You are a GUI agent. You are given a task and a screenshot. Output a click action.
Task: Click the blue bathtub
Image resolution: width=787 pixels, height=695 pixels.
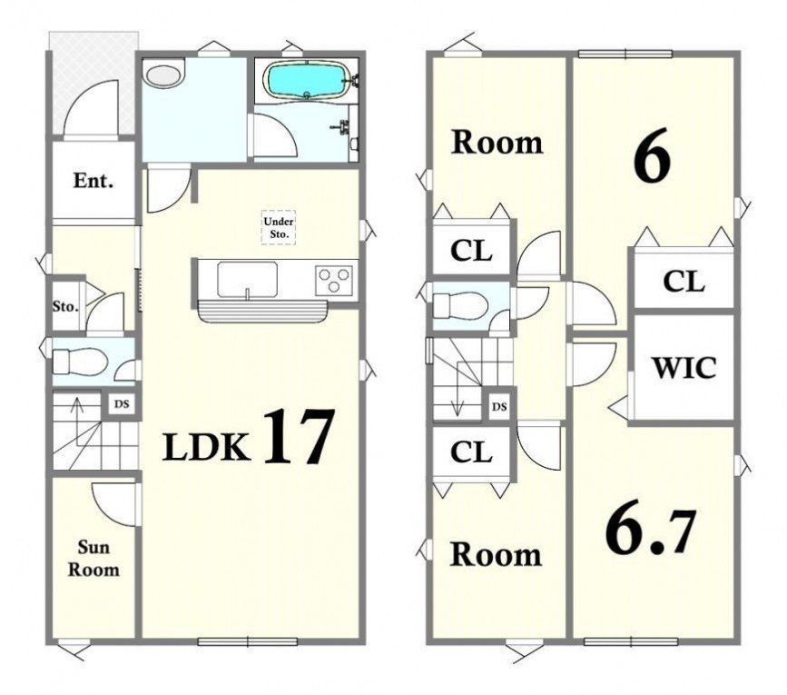307,80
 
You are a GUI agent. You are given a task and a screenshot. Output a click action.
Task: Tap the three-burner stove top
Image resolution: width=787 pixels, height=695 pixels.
334,281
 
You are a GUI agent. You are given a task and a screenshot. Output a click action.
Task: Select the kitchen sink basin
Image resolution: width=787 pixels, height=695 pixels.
248,279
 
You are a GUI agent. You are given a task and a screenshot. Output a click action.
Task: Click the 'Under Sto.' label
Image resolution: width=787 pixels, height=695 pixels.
279,227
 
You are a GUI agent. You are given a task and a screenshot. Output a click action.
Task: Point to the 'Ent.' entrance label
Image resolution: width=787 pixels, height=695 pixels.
93,181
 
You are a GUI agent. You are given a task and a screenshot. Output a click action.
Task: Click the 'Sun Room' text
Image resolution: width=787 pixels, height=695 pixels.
93,559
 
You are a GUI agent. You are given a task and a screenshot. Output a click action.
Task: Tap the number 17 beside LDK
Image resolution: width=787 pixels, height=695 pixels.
297,436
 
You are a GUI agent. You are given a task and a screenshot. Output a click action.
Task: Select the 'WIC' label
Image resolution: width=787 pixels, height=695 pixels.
684,368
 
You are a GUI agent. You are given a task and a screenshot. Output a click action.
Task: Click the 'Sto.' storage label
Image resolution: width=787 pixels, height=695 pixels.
65,306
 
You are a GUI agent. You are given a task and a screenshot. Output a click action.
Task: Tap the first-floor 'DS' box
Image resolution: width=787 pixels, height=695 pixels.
122,403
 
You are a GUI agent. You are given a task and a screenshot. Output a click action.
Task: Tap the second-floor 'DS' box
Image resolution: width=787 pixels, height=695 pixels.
499,407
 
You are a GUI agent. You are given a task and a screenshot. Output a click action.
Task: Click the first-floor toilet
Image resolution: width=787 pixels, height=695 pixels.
79,361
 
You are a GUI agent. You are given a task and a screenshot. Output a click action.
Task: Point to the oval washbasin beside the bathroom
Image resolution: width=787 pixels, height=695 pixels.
163,77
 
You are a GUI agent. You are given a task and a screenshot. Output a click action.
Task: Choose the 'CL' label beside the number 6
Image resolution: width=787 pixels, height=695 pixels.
684,282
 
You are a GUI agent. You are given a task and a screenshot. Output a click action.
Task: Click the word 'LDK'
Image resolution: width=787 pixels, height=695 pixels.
207,447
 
